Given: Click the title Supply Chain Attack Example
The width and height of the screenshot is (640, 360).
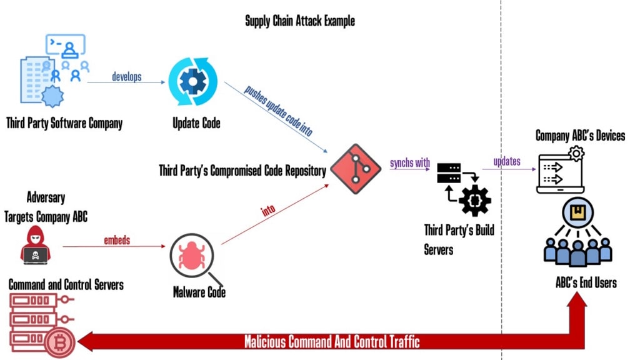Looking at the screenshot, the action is pyautogui.click(x=300, y=21).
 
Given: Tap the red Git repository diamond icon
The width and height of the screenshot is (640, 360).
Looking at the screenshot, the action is pyautogui.click(x=356, y=169).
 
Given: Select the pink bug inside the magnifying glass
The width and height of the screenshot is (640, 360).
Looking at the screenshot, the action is pyautogui.click(x=192, y=256).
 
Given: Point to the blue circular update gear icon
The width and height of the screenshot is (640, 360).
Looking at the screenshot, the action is pyautogui.click(x=193, y=82).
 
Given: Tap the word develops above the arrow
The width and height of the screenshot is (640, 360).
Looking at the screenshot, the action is pyautogui.click(x=126, y=76).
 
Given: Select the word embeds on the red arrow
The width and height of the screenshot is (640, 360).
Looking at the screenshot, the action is pyautogui.click(x=117, y=240).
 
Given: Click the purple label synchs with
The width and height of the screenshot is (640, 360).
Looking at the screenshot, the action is pyautogui.click(x=410, y=162).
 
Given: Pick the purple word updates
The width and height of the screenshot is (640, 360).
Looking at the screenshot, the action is pyautogui.click(x=507, y=161).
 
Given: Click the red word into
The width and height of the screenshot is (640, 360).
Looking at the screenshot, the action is pyautogui.click(x=268, y=210).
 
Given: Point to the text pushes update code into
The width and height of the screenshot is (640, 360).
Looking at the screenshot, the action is pyautogui.click(x=278, y=111).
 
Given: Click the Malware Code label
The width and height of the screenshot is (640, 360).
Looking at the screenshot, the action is pyautogui.click(x=199, y=292).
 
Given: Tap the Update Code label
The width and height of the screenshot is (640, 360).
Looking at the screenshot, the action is pyautogui.click(x=196, y=123).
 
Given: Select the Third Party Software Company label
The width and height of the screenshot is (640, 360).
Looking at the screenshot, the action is pyautogui.click(x=64, y=123).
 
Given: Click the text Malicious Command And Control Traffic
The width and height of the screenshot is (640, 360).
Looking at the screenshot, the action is pyautogui.click(x=332, y=342).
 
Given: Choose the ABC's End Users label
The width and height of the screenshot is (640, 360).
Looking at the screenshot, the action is pyautogui.click(x=586, y=282).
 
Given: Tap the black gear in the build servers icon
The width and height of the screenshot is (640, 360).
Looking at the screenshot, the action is pyautogui.click(x=475, y=200).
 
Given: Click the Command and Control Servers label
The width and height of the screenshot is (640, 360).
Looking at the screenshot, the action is pyautogui.click(x=66, y=284).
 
